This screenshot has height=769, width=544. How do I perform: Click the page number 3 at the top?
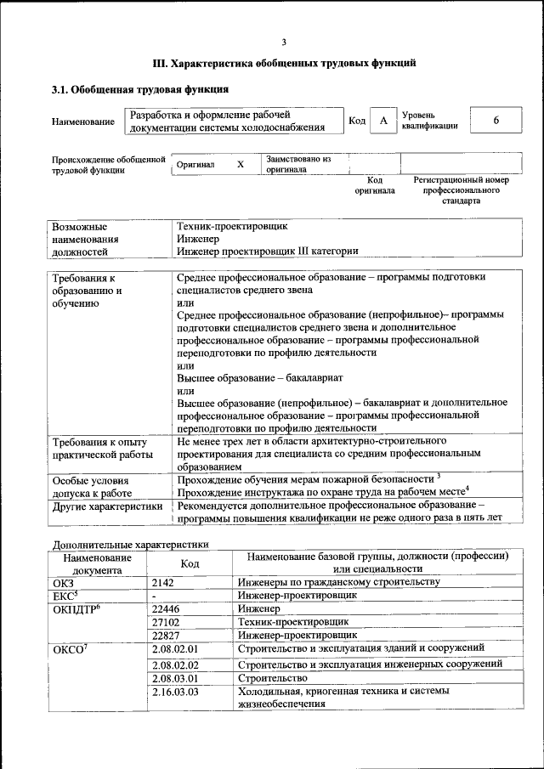[284, 42]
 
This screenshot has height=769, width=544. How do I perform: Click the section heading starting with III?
[284, 63]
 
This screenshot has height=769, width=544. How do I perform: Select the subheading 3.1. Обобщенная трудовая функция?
[139, 89]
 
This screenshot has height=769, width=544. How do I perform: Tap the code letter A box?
[383, 122]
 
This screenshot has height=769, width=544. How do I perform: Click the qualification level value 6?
[496, 122]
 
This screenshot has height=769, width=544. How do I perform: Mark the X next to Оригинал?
[241, 165]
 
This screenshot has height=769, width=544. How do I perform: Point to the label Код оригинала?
[375, 185]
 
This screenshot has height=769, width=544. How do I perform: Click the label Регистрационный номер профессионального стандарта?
[461, 190]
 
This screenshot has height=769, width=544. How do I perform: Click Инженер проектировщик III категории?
[267, 251]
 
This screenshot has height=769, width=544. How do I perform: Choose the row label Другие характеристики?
[108, 506]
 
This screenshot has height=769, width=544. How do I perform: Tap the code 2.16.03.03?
[174, 693]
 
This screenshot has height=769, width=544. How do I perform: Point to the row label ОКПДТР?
[76, 609]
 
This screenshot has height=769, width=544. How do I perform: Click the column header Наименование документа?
[96, 563]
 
